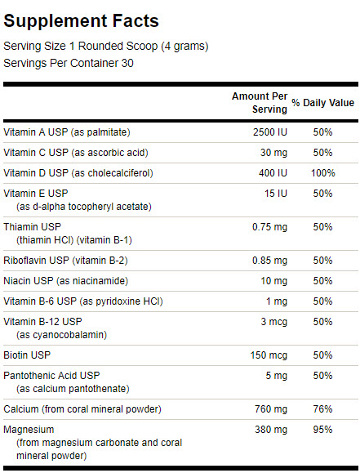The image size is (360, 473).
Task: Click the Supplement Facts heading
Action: point(81,20)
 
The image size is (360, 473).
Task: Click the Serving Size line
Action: point(106,47)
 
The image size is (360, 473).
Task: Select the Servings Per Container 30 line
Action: point(69,63)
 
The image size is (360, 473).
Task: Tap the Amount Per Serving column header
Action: point(260,103)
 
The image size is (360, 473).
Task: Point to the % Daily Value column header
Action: point(322,103)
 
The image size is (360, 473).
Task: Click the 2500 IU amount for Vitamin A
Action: point(270,132)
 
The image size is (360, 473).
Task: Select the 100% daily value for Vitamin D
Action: point(323,173)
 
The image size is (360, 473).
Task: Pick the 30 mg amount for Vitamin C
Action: point(273,153)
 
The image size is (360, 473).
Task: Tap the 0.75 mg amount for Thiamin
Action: point(269,227)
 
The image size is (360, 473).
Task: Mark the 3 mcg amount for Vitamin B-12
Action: point(273,322)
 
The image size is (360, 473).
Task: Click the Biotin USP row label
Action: point(27,355)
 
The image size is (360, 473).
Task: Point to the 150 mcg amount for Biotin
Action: point(269,355)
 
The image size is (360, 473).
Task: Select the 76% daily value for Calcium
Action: point(322,409)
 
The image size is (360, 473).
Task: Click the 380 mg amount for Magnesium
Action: point(271,430)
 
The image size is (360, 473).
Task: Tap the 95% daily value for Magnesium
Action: point(322,430)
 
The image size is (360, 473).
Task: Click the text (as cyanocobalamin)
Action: point(61,335)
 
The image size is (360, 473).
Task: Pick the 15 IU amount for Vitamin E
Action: point(276,194)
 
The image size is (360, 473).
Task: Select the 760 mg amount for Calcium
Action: point(271,409)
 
